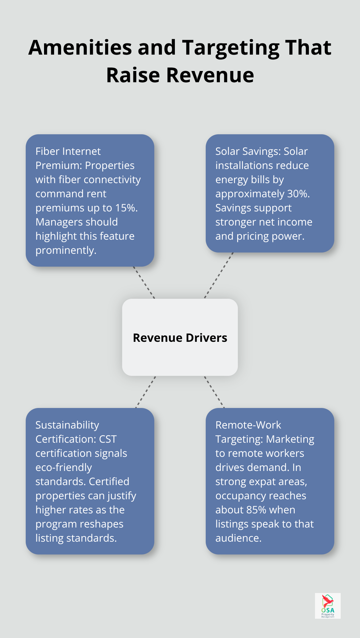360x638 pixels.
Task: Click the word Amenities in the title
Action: point(80,48)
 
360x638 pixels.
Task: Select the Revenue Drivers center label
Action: point(180,338)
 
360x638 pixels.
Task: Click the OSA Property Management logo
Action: point(328,606)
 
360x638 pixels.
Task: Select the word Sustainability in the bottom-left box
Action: point(67,425)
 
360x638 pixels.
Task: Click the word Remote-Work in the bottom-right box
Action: point(248,425)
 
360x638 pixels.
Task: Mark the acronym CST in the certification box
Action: point(107,439)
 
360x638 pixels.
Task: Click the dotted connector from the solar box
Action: point(219,276)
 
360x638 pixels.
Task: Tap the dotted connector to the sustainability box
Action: point(146,392)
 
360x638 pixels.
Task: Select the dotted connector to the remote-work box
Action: point(214,392)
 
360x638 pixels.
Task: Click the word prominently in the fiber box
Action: point(66,250)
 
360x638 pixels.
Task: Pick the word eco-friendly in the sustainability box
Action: point(64,467)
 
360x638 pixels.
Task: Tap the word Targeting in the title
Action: point(231,48)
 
